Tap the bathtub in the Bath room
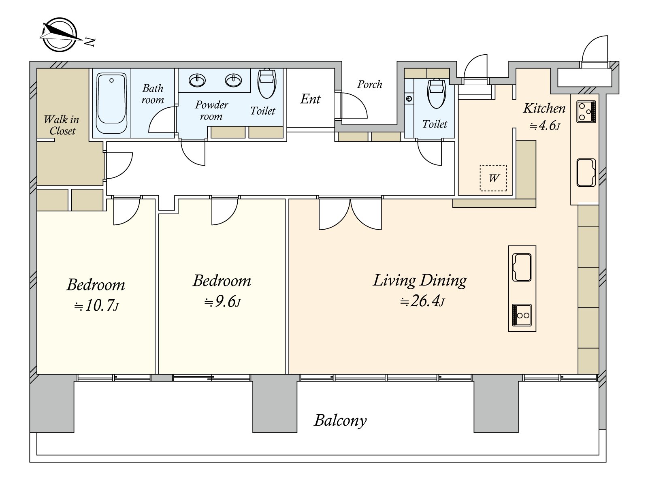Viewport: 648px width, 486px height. pos(111,103)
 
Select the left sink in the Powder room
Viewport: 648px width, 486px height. pos(197,80)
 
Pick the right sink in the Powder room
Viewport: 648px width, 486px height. pos(233,80)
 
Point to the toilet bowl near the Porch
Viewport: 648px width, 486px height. pos(436,94)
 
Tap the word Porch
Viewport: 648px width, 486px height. pos(370,85)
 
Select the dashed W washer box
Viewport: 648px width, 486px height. pos(493,178)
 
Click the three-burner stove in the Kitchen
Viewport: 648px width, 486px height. pos(586,111)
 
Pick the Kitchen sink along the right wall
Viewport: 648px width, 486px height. pos(586,173)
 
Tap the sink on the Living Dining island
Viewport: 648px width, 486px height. pos(522,267)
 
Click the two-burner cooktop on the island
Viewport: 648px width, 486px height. pos(522,315)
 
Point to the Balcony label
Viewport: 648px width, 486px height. pos(340,420)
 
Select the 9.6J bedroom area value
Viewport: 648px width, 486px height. pos(223,302)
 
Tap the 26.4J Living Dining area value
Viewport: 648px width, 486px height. pos(422,301)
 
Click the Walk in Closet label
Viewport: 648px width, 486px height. pos(62,125)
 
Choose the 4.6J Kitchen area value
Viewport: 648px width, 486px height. pos(545,126)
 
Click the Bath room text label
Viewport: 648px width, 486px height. pos(153,94)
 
